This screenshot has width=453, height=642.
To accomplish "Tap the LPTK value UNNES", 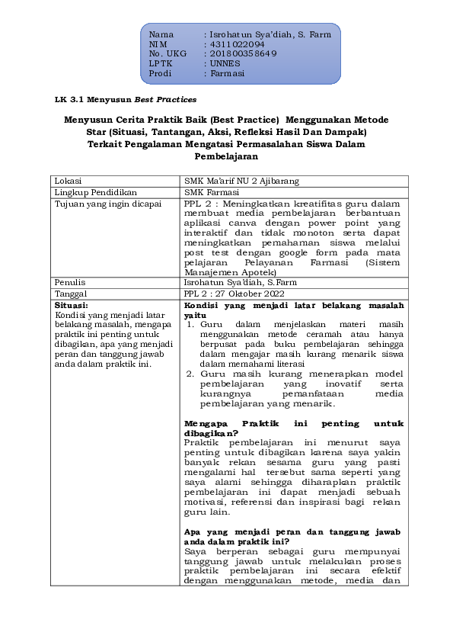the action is click(x=225, y=64).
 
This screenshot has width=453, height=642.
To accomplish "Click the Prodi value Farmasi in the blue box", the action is click(x=227, y=74).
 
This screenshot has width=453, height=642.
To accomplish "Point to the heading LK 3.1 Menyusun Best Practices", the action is click(x=126, y=100).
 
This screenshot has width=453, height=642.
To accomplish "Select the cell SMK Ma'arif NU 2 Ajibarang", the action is click(x=242, y=181).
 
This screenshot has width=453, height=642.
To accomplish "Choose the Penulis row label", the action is click(x=71, y=281).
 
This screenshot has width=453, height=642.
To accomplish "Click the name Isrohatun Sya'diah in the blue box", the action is click(x=255, y=35).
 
